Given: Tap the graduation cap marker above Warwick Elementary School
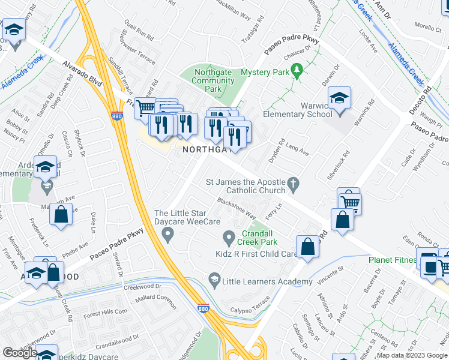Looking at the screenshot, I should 339,99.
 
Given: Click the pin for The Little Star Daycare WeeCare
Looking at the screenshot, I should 168,233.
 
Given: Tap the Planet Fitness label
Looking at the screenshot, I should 392,260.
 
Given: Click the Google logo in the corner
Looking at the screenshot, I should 19,353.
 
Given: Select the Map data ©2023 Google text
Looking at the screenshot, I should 411,355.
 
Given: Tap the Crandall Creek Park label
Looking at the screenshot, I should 260,238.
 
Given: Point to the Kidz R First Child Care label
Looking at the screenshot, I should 256,254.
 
